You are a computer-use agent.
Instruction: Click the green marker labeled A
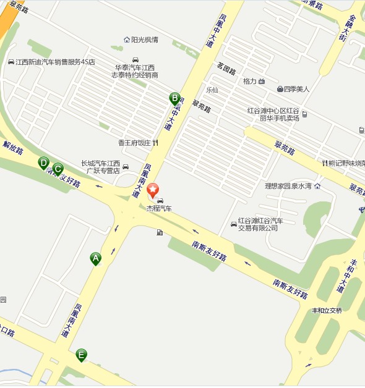pyautogui.click(x=95, y=258)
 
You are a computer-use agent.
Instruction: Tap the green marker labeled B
pyautogui.click(x=174, y=98)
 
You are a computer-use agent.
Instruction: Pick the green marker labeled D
pyautogui.click(x=43, y=162)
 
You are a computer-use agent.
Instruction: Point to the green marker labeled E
pyautogui.click(x=80, y=355)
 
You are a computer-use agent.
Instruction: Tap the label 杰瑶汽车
pyautogui.click(x=159, y=209)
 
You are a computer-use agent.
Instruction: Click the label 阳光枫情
pyautogui.click(x=145, y=40)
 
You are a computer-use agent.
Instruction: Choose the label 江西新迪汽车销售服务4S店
pyautogui.click(x=56, y=62)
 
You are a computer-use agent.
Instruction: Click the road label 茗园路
pyautogui.click(x=226, y=67)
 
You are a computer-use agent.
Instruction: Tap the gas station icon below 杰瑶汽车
pyautogui.click(x=160, y=232)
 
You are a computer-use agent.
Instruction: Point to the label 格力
pyautogui.click(x=250, y=81)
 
